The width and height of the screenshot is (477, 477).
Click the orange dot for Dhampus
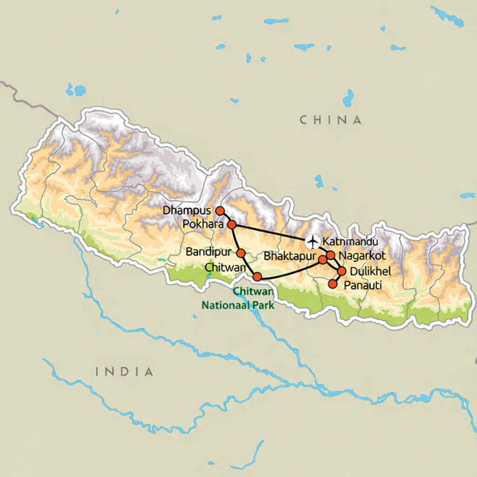(220, 211)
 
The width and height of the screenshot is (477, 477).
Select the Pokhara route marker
(232, 225)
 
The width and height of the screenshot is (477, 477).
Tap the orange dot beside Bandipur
(241, 253)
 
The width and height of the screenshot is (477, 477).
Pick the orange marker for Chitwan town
(257, 277)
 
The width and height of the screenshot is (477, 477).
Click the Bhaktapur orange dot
(322, 259)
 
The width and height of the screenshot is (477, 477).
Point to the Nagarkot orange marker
(330, 255)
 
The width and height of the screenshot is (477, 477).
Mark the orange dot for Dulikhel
(341, 271)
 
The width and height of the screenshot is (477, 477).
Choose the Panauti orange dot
(333, 284)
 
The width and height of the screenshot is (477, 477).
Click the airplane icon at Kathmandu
(312, 242)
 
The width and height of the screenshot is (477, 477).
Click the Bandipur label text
(208, 252)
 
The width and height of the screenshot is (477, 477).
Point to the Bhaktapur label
(290, 257)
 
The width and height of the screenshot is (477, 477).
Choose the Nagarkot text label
(362, 256)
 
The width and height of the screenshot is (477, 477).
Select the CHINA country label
(331, 120)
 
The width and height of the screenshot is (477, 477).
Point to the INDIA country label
(124, 372)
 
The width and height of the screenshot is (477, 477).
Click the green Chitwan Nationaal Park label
(238, 299)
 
